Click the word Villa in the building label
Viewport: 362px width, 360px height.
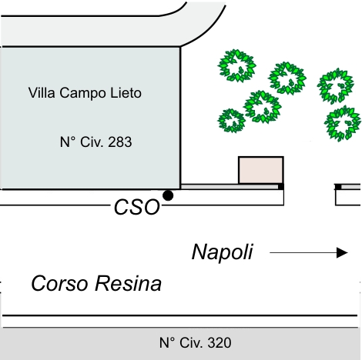pos(42,92)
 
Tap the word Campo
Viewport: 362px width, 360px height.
pos(82,94)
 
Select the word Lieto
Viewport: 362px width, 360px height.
pos(126,92)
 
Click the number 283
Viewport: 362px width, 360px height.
pos(119,142)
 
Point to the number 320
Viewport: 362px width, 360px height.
pos(220,343)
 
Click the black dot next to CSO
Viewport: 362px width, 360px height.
pos(168,195)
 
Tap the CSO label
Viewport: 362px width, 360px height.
pos(137,207)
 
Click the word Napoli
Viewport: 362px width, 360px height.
pos(223,252)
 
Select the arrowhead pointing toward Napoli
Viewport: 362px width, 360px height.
pos(342,252)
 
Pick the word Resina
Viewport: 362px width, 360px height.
pos(128,283)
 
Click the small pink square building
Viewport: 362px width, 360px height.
pos(261,170)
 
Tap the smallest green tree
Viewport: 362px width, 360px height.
pos(232,121)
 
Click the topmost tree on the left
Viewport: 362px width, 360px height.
pos(237,65)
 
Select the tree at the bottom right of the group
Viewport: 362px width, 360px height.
pos(343,124)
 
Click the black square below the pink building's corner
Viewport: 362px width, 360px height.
pos(281,187)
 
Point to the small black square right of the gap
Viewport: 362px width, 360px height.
pos(338,187)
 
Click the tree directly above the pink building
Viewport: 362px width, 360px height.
pos(263,107)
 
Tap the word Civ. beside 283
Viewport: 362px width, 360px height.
pos(92,142)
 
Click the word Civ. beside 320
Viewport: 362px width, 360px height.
pos(191,343)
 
